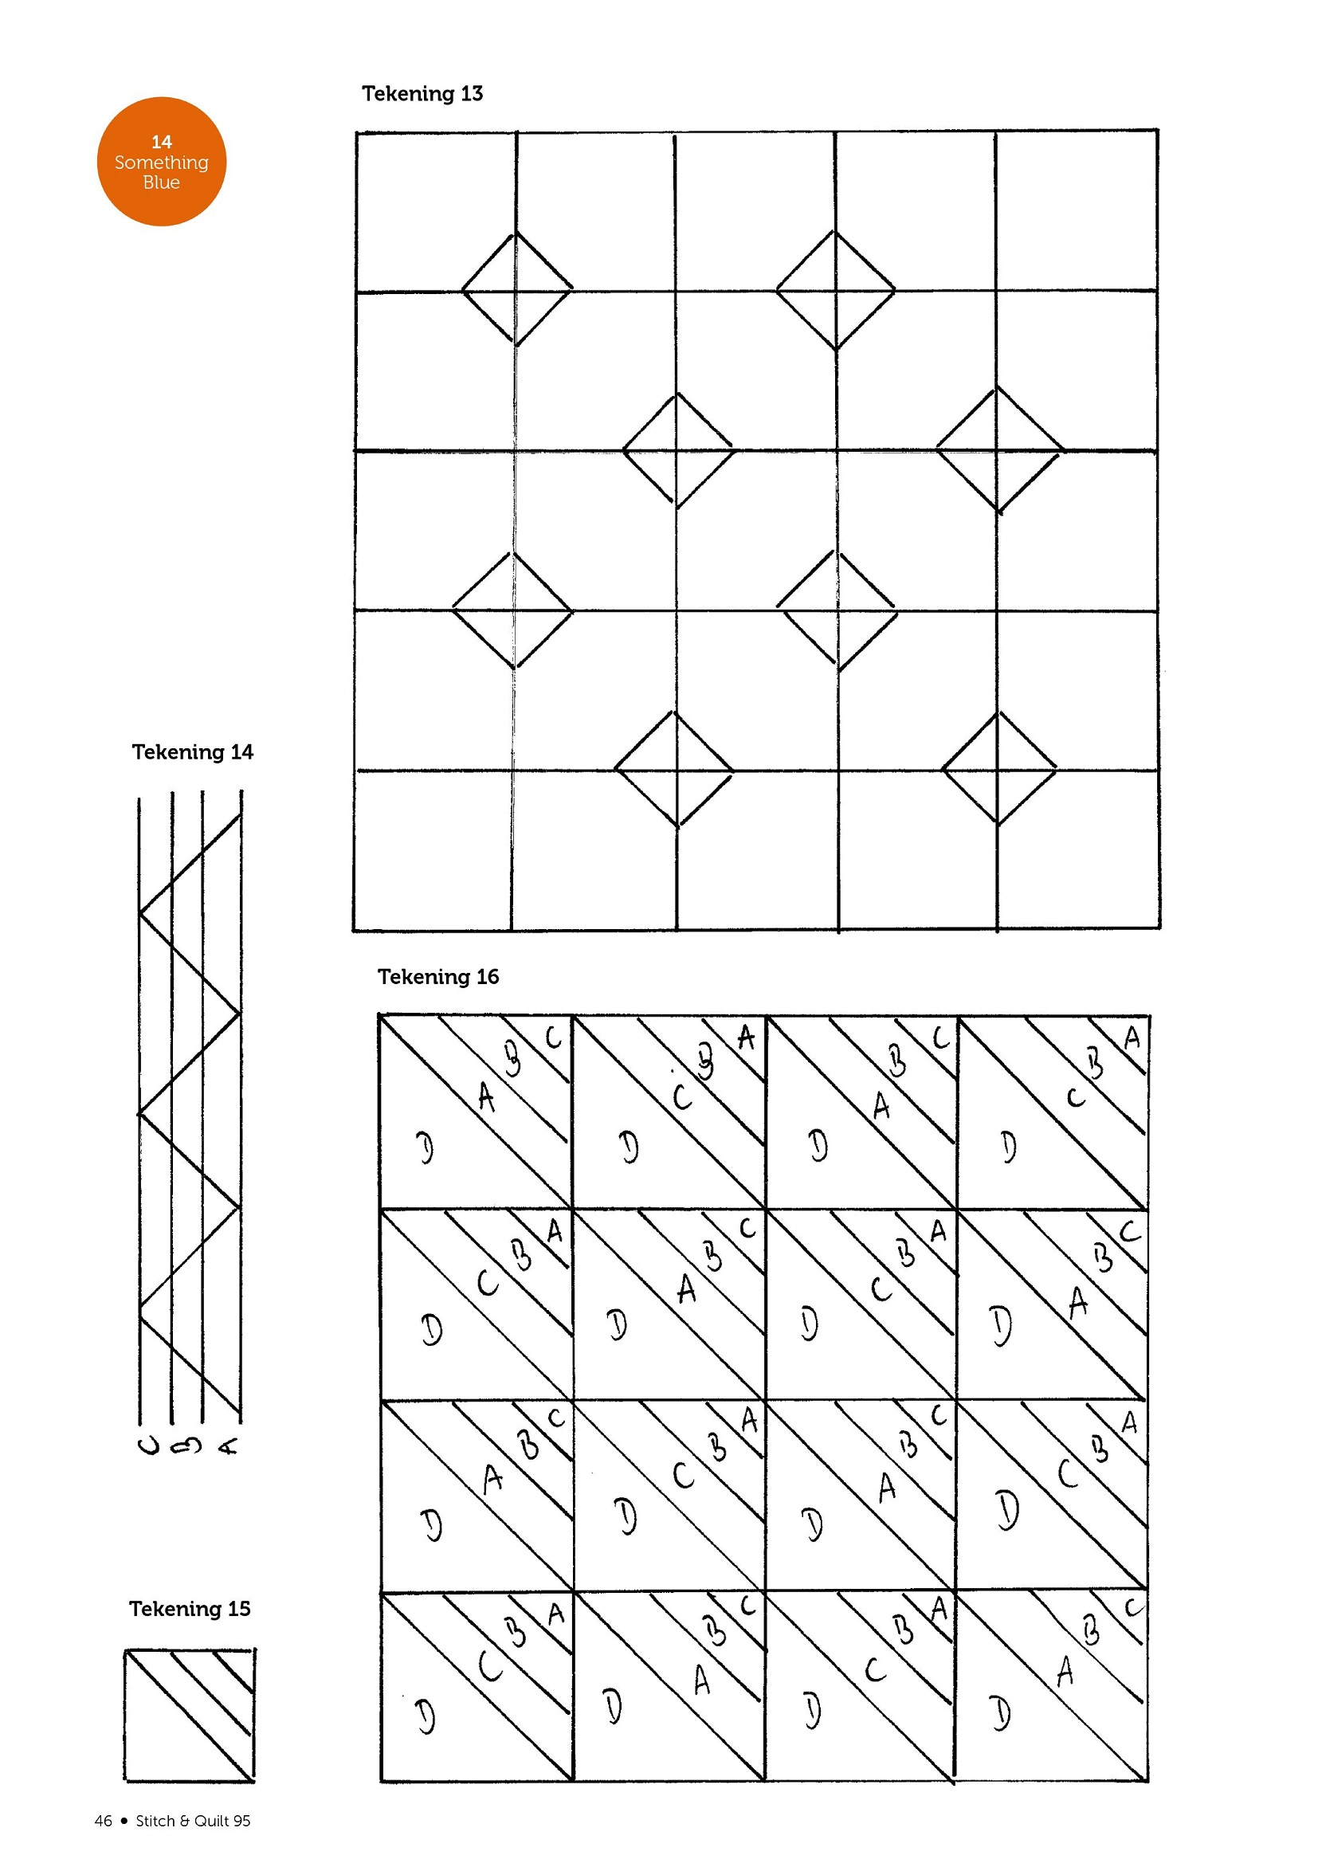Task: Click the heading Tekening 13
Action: point(422,94)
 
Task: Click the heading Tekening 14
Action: point(192,752)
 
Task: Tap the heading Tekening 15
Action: point(189,1609)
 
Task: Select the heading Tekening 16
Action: point(437,977)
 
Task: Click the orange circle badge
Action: point(162,162)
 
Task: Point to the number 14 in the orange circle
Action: point(162,142)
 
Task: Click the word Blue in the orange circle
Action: point(162,182)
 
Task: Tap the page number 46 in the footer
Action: point(103,1821)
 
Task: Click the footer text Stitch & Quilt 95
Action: point(193,1821)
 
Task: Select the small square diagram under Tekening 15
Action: point(189,1716)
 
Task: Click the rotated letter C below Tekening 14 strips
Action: point(149,1445)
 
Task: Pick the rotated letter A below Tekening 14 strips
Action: point(229,1445)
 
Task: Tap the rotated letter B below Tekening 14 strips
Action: point(187,1445)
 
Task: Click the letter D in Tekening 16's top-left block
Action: point(426,1147)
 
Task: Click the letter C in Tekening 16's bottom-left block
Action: point(489,1668)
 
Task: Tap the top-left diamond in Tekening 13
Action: point(516,290)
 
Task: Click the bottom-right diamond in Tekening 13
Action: point(998,768)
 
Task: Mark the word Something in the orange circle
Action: point(162,163)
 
